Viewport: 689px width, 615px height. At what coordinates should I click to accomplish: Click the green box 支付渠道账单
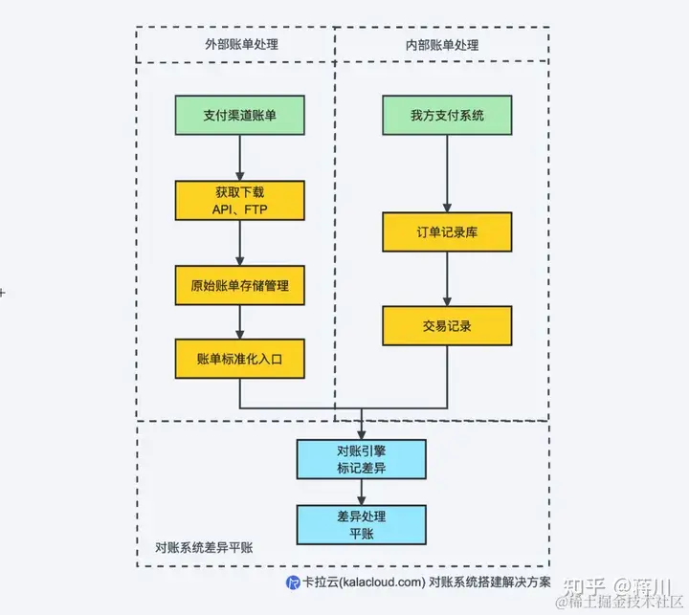[x=240, y=116]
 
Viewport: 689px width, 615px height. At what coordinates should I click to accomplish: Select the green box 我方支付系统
[x=447, y=116]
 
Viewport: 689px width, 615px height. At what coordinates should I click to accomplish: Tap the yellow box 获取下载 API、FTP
[x=240, y=200]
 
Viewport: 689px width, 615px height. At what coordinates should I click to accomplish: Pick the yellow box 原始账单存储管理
[x=240, y=285]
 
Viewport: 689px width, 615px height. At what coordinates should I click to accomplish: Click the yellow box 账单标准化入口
[x=240, y=358]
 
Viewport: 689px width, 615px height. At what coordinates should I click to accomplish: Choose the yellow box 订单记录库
[x=447, y=232]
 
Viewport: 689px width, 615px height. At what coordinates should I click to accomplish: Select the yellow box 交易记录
[x=447, y=325]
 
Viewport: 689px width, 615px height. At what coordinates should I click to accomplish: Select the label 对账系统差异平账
[x=203, y=549]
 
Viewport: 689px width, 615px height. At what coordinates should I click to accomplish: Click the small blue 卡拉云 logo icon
[x=293, y=581]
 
